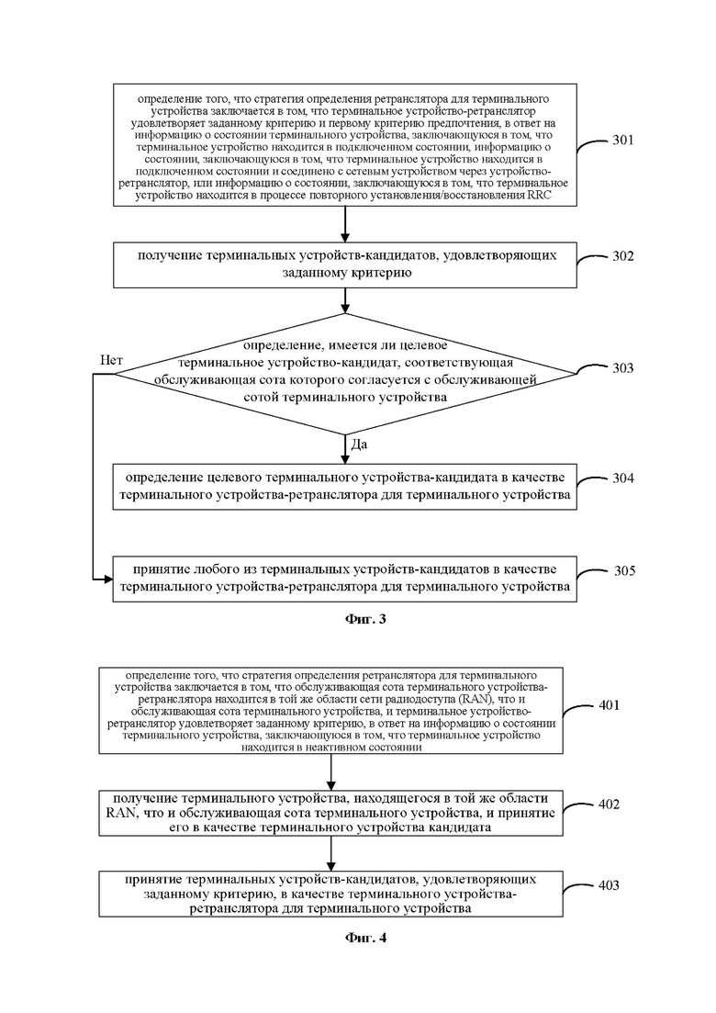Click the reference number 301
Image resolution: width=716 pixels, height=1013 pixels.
click(623, 141)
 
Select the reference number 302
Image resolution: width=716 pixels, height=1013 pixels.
click(623, 256)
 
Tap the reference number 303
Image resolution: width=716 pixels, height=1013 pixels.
click(623, 368)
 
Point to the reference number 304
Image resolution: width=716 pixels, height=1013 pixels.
click(623, 478)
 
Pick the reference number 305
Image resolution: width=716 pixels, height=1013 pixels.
click(624, 570)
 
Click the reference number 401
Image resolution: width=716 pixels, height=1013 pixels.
click(609, 704)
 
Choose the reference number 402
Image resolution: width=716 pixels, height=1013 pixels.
click(609, 805)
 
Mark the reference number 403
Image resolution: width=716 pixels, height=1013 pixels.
click(609, 885)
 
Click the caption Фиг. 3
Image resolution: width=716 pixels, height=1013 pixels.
click(365, 620)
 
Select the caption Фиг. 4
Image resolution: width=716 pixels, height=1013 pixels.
click(365, 938)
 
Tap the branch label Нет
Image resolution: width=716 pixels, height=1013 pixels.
click(111, 361)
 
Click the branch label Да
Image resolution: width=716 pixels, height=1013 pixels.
click(359, 445)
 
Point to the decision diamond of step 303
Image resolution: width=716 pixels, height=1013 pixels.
click(345, 374)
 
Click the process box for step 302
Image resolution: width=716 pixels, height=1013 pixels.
click(345, 265)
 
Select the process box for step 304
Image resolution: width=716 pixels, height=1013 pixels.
click(345, 487)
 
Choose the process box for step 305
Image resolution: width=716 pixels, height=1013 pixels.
click(345, 579)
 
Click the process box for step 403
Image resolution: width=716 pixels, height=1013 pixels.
click(330, 895)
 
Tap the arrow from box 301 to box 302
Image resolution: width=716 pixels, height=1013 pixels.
click(345, 225)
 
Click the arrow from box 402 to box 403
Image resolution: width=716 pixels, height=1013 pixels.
click(330, 854)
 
